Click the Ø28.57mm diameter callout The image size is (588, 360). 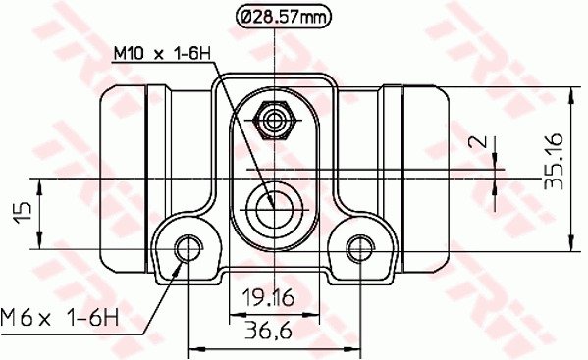284,16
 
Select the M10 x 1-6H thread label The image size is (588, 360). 162,54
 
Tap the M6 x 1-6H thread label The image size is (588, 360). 60,318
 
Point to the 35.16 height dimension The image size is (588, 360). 554,161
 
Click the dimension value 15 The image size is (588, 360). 23,213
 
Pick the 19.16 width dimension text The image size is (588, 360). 268,298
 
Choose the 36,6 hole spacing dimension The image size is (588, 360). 268,332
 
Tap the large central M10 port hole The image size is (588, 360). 274,210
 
